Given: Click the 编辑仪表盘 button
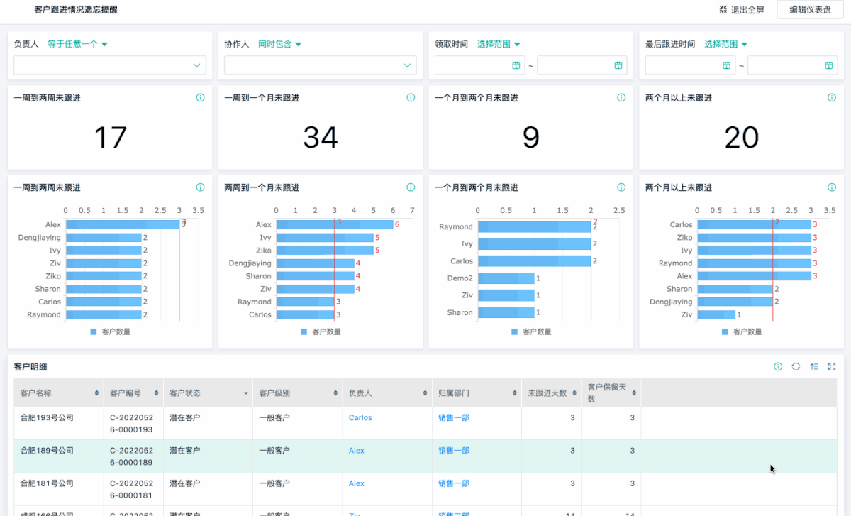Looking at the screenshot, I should [x=810, y=10].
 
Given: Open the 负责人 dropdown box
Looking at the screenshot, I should [x=110, y=65].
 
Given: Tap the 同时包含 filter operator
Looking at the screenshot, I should [x=279, y=44].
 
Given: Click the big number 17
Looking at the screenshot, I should [x=110, y=137].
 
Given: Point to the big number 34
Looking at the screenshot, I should [x=321, y=137].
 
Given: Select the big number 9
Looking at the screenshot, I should [x=531, y=137].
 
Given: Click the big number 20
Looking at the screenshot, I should [x=742, y=137].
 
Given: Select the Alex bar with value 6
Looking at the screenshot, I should [x=334, y=224].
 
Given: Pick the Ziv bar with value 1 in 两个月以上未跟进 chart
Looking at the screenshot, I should [x=716, y=314].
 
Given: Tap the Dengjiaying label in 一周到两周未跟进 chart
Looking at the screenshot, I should [x=40, y=238].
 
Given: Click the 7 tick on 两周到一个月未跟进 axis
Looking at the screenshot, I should [x=412, y=211].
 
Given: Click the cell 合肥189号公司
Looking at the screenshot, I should [x=48, y=451].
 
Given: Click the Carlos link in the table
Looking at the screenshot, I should [x=360, y=418].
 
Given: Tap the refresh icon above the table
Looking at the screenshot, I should [x=796, y=366].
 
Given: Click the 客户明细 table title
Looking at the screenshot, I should [x=31, y=366].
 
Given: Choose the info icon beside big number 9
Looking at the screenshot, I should [x=621, y=98].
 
